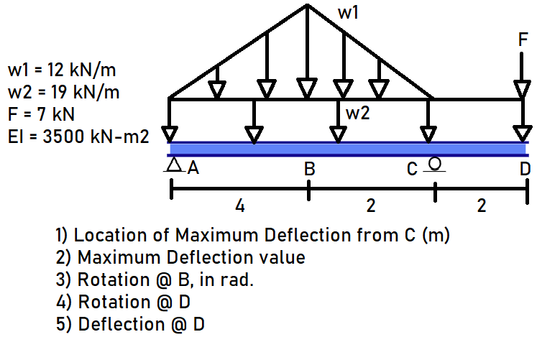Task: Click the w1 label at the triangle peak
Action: [x=348, y=13]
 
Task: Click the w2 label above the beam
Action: [x=358, y=113]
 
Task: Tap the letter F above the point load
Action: [x=523, y=40]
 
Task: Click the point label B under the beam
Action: [x=310, y=170]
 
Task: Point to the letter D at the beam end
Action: [x=525, y=170]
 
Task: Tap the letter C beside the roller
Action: [x=411, y=170]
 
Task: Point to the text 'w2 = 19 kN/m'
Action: [x=63, y=92]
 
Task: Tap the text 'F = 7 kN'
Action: [x=41, y=114]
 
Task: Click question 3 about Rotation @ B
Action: [x=155, y=280]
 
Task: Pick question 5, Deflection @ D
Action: [x=130, y=324]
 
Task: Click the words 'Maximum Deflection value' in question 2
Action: [x=191, y=257]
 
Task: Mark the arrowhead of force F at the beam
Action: [x=523, y=134]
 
